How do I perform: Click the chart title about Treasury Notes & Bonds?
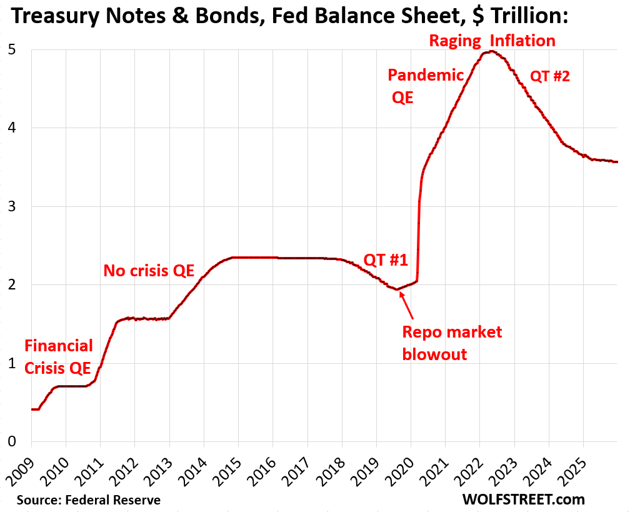(290, 16)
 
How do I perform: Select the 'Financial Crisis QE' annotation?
(58, 356)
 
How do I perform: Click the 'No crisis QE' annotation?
(149, 271)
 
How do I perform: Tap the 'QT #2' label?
(550, 76)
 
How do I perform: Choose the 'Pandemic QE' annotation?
(426, 86)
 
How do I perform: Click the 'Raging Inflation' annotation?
(492, 41)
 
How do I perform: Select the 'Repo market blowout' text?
(452, 343)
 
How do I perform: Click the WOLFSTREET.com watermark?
(524, 499)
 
